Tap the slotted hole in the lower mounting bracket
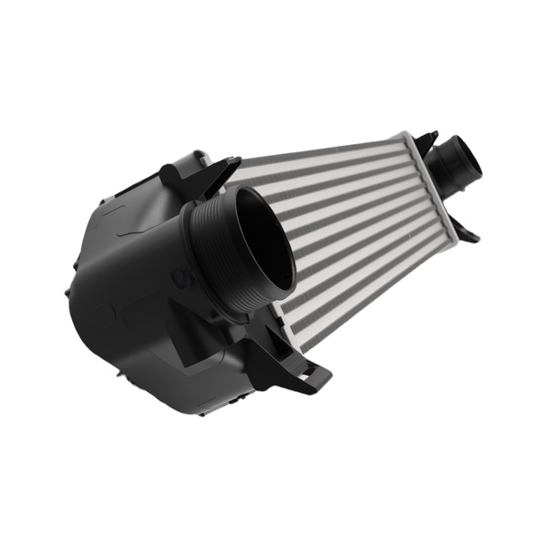[310, 373]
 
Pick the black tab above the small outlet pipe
[427, 139]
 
